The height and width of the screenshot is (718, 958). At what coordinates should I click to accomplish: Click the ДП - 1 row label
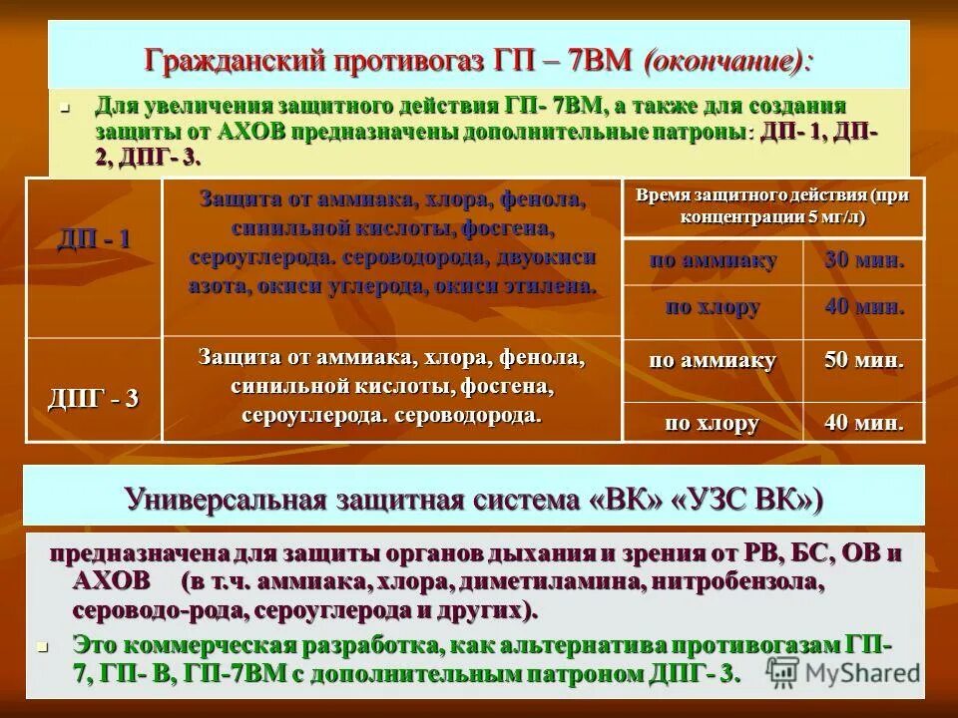(x=93, y=239)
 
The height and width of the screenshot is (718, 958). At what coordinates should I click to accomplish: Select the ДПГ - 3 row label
(x=93, y=399)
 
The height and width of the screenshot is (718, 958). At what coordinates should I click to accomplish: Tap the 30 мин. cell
(x=865, y=261)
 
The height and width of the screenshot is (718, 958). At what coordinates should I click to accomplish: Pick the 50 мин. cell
(x=865, y=360)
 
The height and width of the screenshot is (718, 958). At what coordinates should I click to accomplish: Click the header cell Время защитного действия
(x=772, y=205)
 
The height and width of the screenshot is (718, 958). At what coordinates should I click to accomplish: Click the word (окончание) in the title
(x=727, y=61)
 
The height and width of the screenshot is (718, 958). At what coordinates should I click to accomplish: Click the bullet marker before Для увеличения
(x=63, y=105)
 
